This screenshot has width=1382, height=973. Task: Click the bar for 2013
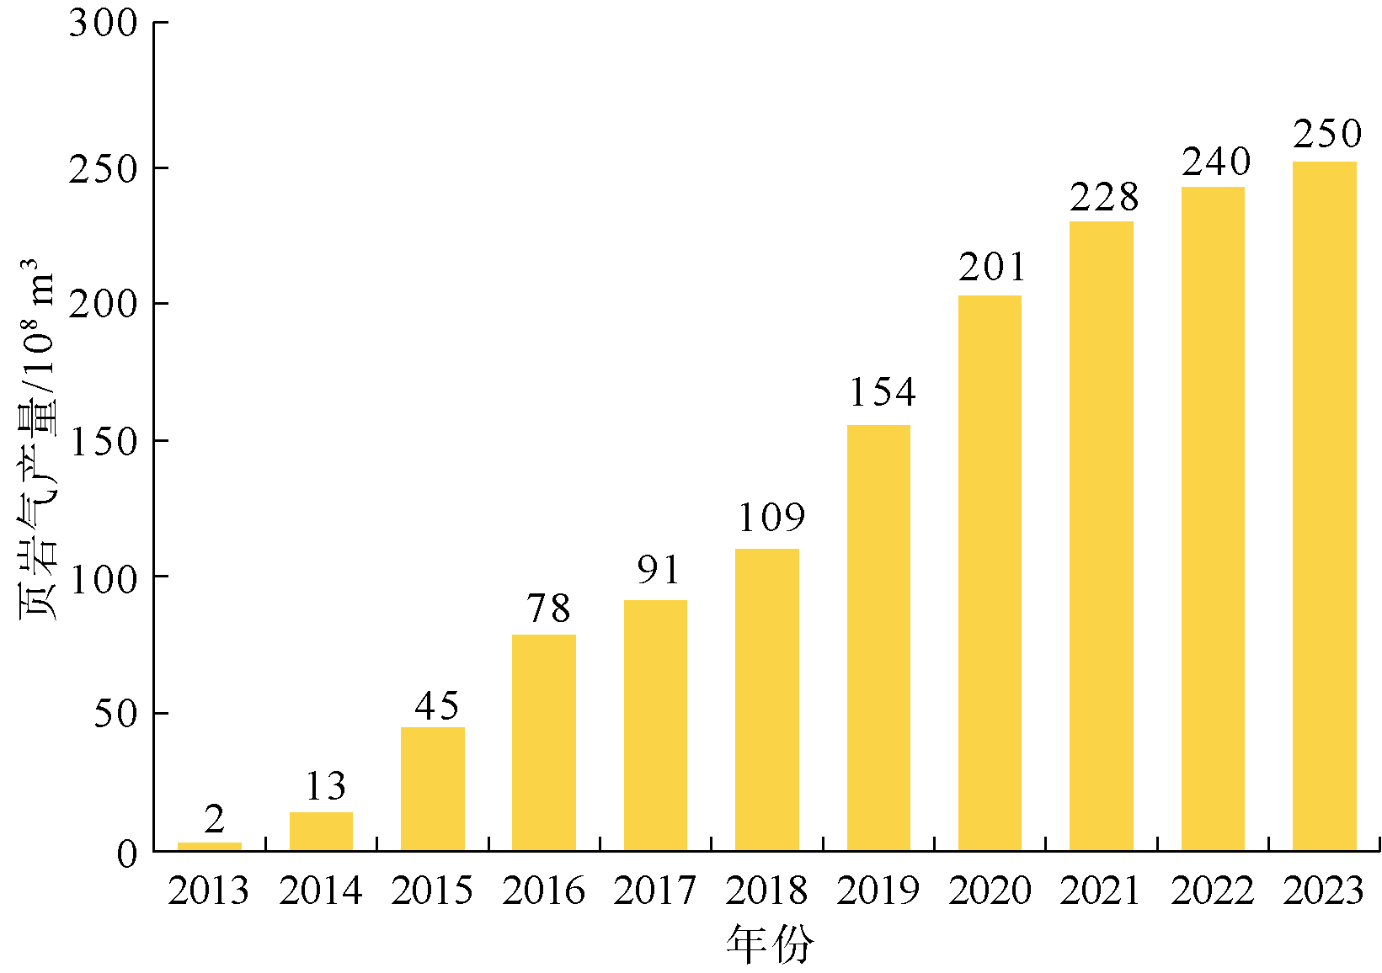point(210,846)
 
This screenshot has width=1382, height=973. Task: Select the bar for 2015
point(432,789)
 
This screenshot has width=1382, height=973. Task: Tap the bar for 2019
point(878,637)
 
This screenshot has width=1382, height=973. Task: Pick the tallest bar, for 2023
point(1324,505)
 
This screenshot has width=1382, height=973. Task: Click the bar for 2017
point(655,725)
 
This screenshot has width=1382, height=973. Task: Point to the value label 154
point(882,392)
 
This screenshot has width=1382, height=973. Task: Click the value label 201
point(993,267)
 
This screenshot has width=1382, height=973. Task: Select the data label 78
point(548,608)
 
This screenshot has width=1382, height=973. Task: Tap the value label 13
point(325,786)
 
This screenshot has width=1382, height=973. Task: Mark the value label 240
point(1216,162)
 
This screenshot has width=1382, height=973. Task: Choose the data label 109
point(771,517)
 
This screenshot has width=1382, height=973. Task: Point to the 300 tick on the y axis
point(104,24)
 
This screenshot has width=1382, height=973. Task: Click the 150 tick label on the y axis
point(104,442)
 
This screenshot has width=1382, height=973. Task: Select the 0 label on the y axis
point(127,853)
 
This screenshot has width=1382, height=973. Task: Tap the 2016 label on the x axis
point(543,891)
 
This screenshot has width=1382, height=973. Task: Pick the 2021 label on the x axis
point(1101,891)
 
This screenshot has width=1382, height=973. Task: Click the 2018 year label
point(766,891)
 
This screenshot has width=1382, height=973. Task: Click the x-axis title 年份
point(770,944)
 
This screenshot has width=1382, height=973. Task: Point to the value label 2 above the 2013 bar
point(215,818)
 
